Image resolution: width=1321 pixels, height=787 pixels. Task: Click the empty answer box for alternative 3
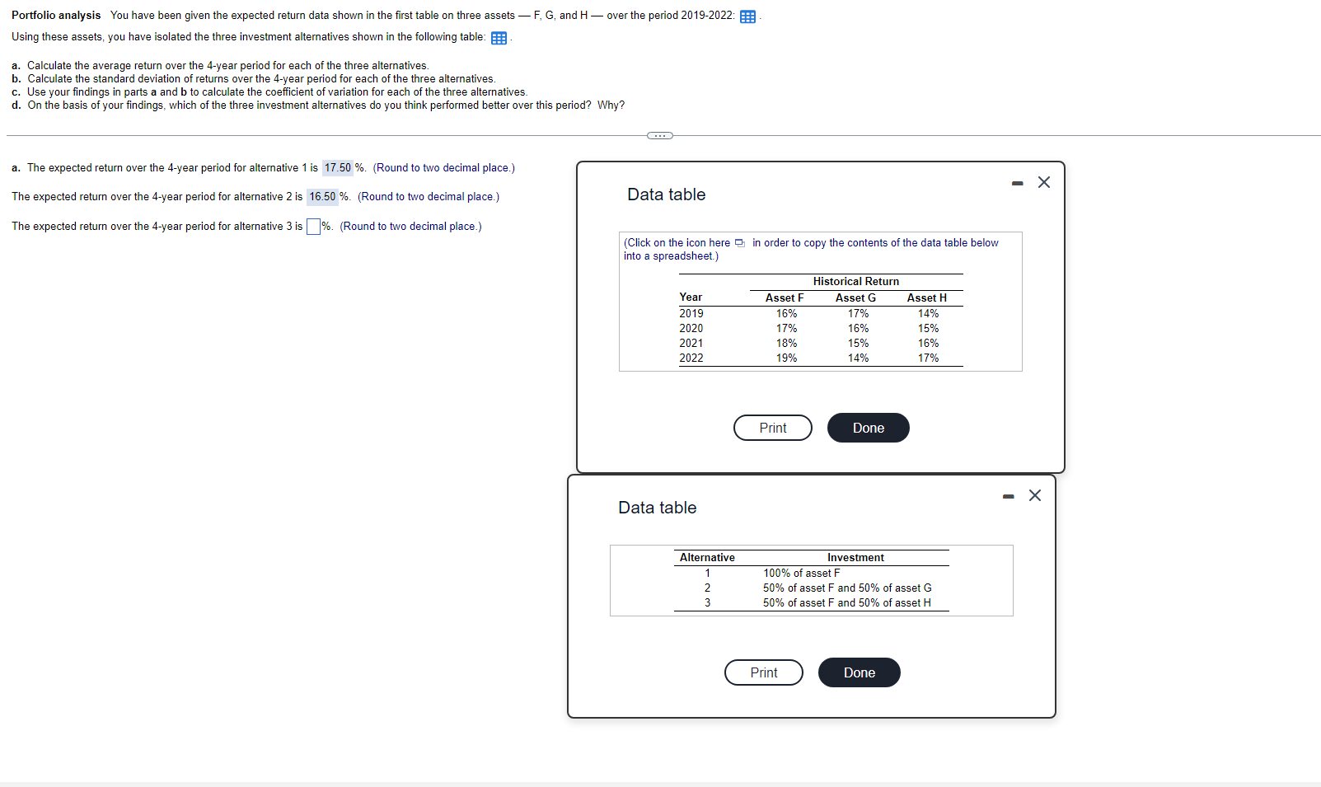click(x=313, y=227)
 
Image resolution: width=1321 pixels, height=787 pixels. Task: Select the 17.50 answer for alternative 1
click(x=337, y=168)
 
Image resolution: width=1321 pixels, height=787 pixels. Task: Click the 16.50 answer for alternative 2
click(x=322, y=197)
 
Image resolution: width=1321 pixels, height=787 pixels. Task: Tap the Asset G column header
click(x=855, y=298)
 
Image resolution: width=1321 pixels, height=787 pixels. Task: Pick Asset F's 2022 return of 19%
click(x=786, y=358)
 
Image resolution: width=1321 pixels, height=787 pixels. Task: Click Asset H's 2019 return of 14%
click(x=928, y=314)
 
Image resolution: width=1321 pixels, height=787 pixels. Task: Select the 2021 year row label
click(x=691, y=344)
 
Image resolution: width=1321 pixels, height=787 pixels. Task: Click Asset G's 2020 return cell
click(x=858, y=329)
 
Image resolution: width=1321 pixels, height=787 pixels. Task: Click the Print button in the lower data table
click(x=763, y=672)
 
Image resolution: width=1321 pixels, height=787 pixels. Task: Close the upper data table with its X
click(x=1043, y=182)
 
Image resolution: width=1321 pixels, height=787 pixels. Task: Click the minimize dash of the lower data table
click(x=1008, y=496)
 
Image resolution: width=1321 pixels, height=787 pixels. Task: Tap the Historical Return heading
click(x=855, y=282)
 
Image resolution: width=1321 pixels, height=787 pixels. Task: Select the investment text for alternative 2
click(x=846, y=588)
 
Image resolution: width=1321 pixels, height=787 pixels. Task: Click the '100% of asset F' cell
click(x=801, y=574)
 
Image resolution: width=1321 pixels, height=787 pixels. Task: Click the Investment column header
click(x=855, y=558)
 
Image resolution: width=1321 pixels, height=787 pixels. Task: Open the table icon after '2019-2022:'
click(x=747, y=17)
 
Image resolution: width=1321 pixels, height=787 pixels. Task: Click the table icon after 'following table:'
click(x=499, y=39)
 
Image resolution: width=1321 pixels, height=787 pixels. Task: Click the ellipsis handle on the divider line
click(x=659, y=135)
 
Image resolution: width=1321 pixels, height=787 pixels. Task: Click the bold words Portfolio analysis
click(x=56, y=16)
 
